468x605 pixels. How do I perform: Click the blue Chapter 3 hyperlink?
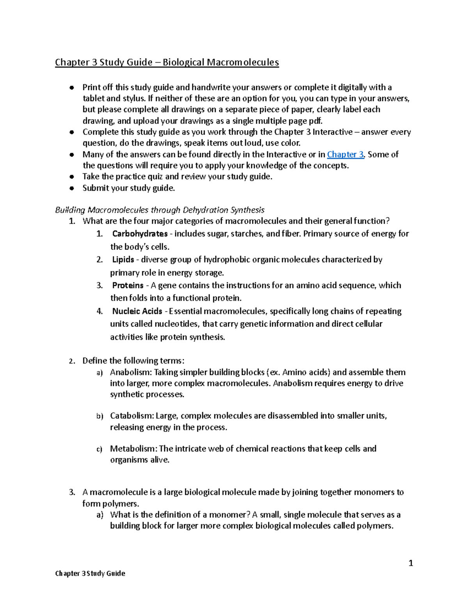pos(345,154)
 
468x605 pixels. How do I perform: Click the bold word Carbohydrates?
pos(140,234)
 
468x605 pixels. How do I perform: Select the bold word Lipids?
pos(123,259)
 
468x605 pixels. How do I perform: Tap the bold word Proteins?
pos(128,285)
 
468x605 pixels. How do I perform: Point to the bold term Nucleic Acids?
pos(137,311)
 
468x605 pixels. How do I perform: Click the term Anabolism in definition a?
pos(131,372)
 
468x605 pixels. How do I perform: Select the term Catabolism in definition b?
pos(131,416)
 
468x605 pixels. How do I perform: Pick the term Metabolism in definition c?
pos(133,448)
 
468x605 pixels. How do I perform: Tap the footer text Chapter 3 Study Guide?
pos(90,573)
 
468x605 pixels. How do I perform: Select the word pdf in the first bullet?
pos(316,121)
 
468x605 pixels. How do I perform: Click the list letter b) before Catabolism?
pos(100,416)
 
